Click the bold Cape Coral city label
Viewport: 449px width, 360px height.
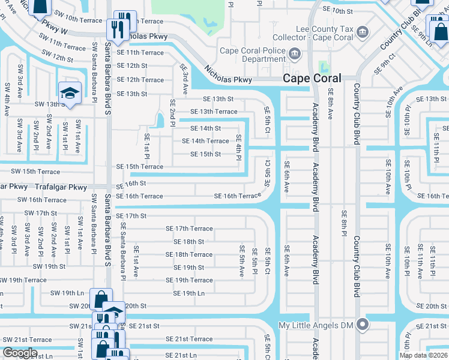312,78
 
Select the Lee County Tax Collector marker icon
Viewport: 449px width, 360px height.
362,31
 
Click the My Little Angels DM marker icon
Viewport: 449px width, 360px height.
362,325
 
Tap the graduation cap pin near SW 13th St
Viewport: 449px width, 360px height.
70,93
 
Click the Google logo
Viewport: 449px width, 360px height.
20,353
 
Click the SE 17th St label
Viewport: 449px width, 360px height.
131,216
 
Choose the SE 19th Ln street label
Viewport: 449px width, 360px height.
189,293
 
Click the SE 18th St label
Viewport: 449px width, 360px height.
188,242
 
